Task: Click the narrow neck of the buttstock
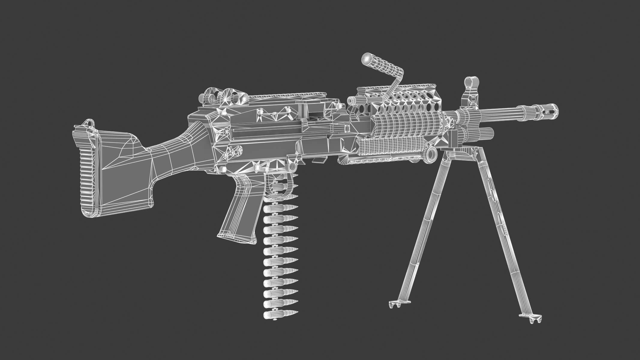coord(168,150)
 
